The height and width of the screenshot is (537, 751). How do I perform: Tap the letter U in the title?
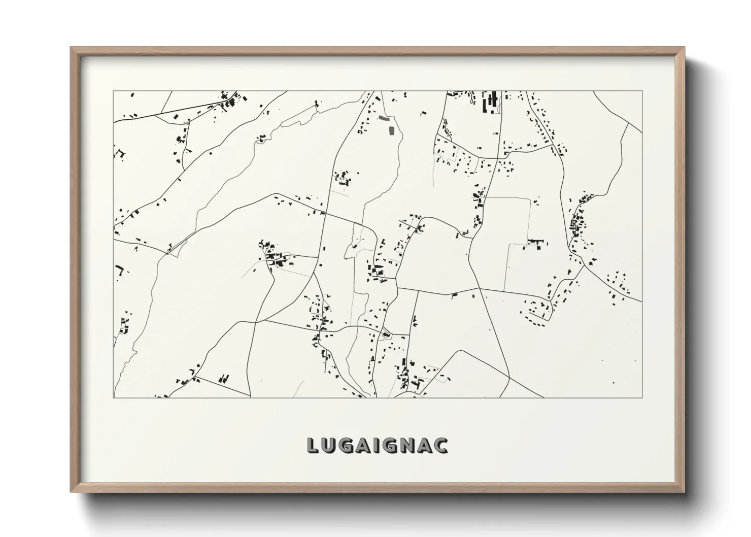click(x=329, y=446)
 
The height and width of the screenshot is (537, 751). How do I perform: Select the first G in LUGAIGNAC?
click(x=346, y=446)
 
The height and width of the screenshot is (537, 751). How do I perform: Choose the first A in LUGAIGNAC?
click(x=363, y=446)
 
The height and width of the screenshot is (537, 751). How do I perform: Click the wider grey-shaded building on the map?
click(x=384, y=119)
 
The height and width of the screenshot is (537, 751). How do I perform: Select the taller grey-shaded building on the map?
click(x=391, y=130)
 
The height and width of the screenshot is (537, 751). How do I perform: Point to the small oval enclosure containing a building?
click(x=385, y=334)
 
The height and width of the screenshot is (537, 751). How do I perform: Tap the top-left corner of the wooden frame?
click(x=71, y=47)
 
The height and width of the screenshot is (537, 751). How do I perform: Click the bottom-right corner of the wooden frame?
click(x=684, y=492)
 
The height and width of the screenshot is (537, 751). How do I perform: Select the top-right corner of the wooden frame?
click(x=684, y=47)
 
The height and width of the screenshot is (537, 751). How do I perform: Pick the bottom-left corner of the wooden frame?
click(x=71, y=492)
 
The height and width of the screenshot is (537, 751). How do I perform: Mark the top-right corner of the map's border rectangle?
click(x=642, y=91)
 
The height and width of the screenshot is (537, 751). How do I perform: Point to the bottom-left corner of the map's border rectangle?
click(x=113, y=397)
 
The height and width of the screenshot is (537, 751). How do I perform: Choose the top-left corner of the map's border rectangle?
click(x=113, y=91)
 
